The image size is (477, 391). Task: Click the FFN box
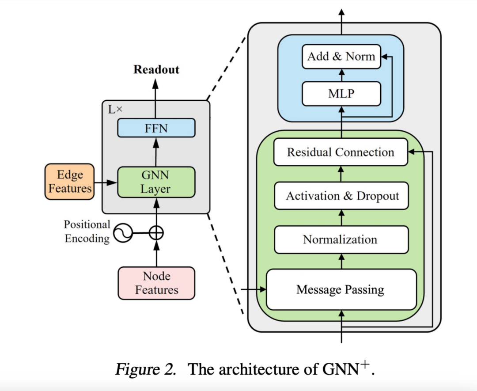[155, 128]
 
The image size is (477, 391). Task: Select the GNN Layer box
[155, 182]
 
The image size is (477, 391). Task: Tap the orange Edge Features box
[70, 182]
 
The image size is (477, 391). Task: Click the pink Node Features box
[156, 283]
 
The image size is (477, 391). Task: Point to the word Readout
[156, 70]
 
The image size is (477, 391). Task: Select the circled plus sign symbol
[155, 232]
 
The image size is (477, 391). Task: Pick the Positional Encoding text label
[87, 232]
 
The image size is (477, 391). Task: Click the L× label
[115, 109]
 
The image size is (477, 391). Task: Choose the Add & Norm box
[341, 57]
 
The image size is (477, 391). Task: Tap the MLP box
[341, 94]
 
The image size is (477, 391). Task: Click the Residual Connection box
[341, 152]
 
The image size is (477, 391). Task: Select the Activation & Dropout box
[342, 196]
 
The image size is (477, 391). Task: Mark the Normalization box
[341, 239]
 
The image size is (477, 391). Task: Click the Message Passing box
[341, 290]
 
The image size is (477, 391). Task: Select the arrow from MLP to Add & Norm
[341, 76]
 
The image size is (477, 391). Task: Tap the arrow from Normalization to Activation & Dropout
[341, 218]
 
